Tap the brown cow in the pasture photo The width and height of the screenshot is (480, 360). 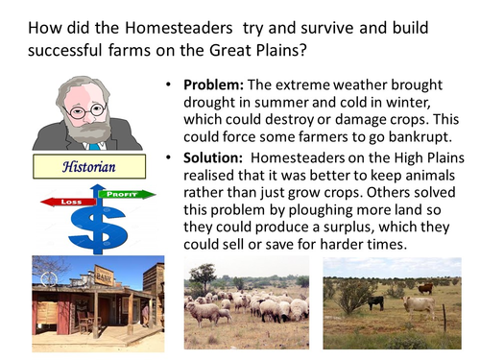(x=424, y=287)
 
